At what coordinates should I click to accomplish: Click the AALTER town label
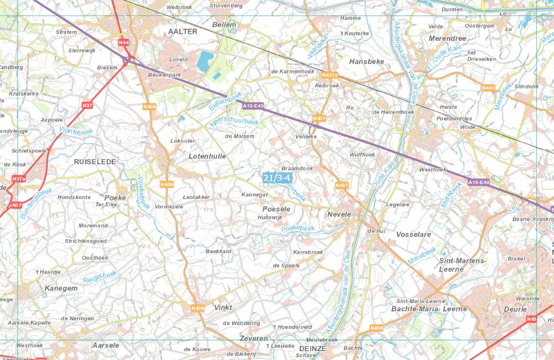click(x=182, y=32)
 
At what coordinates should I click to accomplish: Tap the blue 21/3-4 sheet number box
click(x=277, y=178)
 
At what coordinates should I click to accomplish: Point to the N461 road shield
click(x=488, y=88)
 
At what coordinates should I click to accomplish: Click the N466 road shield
click(x=377, y=328)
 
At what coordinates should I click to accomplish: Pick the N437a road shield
click(x=330, y=76)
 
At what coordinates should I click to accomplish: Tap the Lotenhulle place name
click(x=207, y=156)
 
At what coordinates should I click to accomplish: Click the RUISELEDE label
click(x=95, y=161)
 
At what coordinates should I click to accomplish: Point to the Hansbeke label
click(x=367, y=61)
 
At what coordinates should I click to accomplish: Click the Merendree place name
click(x=447, y=39)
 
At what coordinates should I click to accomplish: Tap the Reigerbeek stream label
click(x=100, y=277)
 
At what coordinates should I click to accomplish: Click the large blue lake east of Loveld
click(x=206, y=59)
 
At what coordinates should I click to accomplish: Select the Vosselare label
click(x=414, y=234)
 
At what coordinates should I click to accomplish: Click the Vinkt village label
click(x=223, y=307)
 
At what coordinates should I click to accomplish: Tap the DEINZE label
click(x=312, y=348)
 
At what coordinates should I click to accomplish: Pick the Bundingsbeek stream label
click(x=36, y=202)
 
